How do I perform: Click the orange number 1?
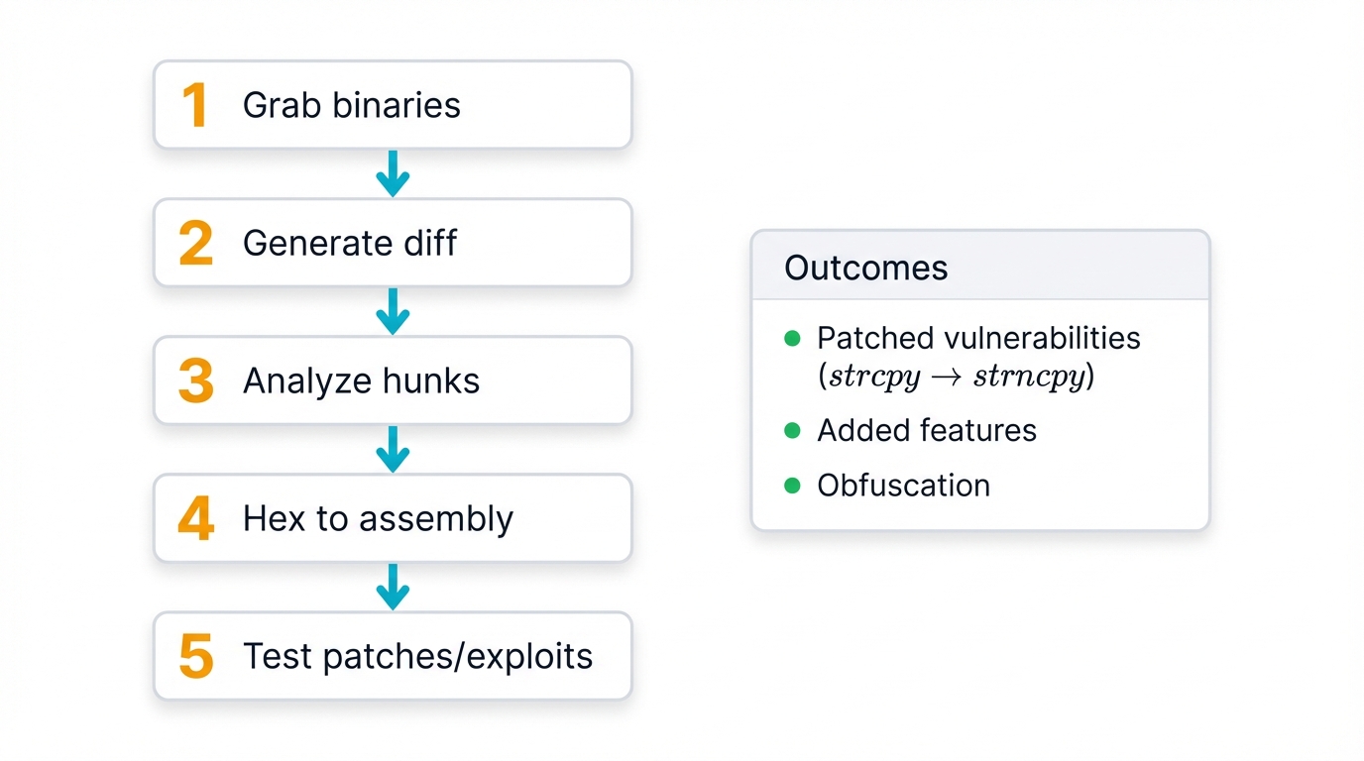point(194,105)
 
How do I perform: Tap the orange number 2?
point(195,243)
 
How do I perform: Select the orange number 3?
point(195,380)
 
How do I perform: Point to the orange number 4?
point(195,518)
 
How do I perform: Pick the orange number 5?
point(195,656)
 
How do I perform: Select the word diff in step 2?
point(431,243)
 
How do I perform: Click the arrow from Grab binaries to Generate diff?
point(393,173)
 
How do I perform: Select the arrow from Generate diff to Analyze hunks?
point(393,311)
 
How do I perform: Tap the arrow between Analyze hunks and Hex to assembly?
point(393,449)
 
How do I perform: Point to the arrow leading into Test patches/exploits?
point(393,587)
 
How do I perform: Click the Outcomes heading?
point(865,268)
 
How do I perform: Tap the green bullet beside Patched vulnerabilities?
point(792,339)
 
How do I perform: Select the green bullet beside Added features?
point(792,431)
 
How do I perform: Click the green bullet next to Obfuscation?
point(792,486)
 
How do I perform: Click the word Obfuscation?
point(903,486)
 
